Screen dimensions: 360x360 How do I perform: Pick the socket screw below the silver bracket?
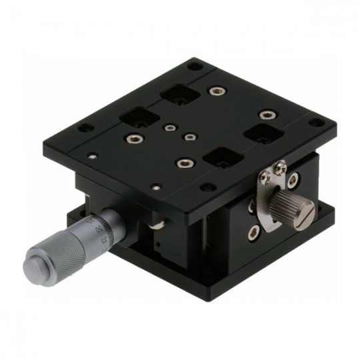pos(253,232)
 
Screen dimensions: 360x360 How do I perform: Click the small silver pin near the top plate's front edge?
pos(157,187)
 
